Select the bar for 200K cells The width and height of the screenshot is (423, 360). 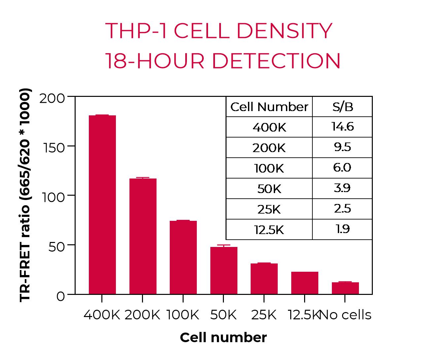pyautogui.click(x=143, y=236)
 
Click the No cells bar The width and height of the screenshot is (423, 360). pyautogui.click(x=345, y=288)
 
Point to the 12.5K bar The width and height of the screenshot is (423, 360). pyautogui.click(x=304, y=283)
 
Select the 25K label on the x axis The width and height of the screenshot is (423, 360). pyautogui.click(x=264, y=315)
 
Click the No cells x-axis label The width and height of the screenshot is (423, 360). pyautogui.click(x=346, y=315)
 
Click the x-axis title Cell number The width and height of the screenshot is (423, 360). pyautogui.click(x=223, y=338)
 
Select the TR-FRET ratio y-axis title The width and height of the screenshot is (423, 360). pyautogui.click(x=25, y=195)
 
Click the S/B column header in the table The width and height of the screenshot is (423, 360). pyautogui.click(x=342, y=107)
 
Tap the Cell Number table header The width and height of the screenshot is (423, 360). pyautogui.click(x=269, y=107)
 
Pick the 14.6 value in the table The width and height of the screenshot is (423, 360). pyautogui.click(x=342, y=127)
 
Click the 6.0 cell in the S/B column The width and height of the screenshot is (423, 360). pyautogui.click(x=342, y=168)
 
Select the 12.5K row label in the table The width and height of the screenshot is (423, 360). pyautogui.click(x=269, y=230)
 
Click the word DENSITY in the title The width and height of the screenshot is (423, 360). pyautogui.click(x=284, y=31)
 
